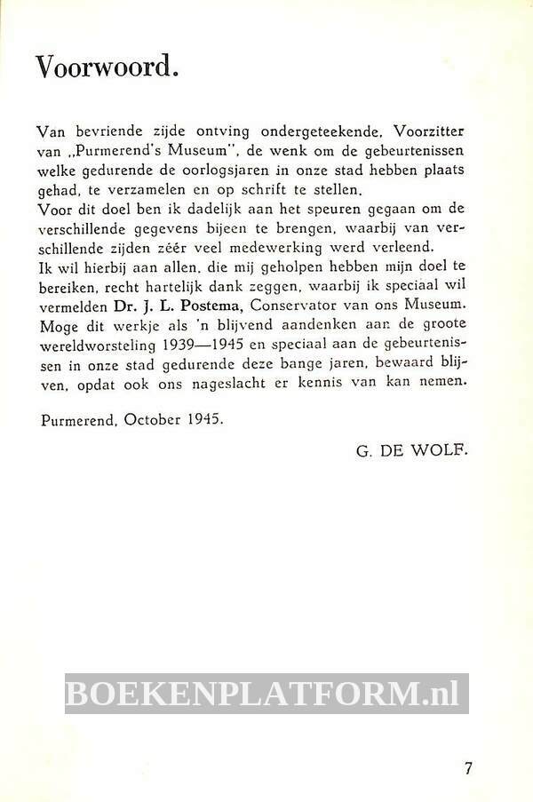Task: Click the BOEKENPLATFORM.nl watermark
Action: tap(266, 694)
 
